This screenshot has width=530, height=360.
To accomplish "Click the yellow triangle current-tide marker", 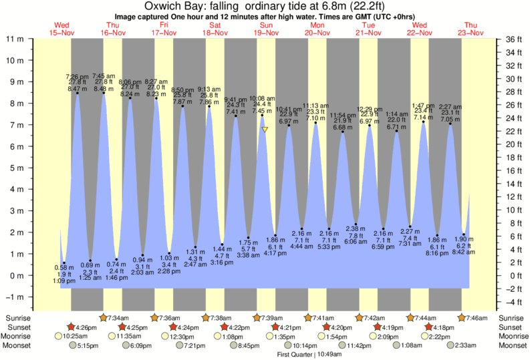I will point(265,130).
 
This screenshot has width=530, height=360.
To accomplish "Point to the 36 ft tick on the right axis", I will point(513,39).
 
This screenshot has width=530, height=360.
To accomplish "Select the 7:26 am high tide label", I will point(77,77).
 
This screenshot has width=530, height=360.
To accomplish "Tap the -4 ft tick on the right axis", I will point(513,288).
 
